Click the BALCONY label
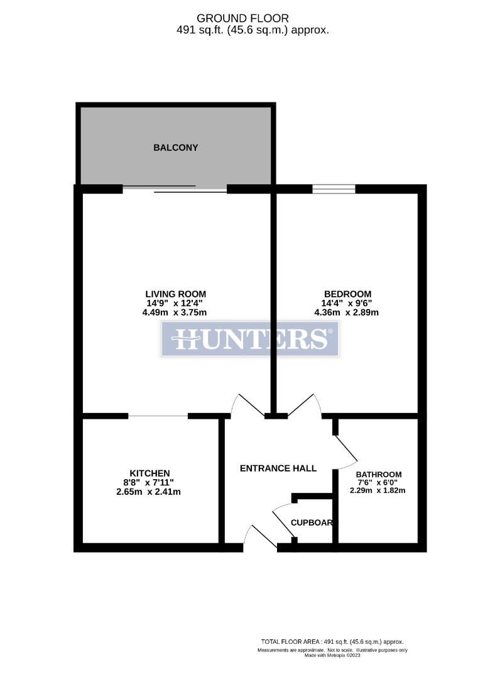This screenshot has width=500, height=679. pyautogui.click(x=175, y=148)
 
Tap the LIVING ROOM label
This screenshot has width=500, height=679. pyautogui.click(x=175, y=294)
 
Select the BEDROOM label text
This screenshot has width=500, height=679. pyautogui.click(x=347, y=294)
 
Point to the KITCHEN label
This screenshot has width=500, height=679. pyautogui.click(x=149, y=473)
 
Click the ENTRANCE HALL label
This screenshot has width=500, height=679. pyautogui.click(x=278, y=468)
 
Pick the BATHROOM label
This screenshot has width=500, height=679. pyautogui.click(x=378, y=474)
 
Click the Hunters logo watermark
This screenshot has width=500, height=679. pyautogui.click(x=250, y=339)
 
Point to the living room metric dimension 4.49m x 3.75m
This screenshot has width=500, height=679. pyautogui.click(x=175, y=312)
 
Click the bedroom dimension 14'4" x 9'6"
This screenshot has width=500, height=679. pyautogui.click(x=347, y=303)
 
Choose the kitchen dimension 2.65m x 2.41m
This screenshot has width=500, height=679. pyautogui.click(x=149, y=492)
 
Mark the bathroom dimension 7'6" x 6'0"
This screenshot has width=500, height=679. pyautogui.click(x=378, y=482)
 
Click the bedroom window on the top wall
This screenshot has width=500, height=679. pyautogui.click(x=334, y=189)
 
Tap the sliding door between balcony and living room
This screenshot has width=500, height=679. pyautogui.click(x=175, y=189)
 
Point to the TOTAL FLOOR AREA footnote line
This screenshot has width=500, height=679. pyautogui.click(x=334, y=641)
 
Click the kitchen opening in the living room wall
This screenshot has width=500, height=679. pyautogui.click(x=158, y=416)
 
